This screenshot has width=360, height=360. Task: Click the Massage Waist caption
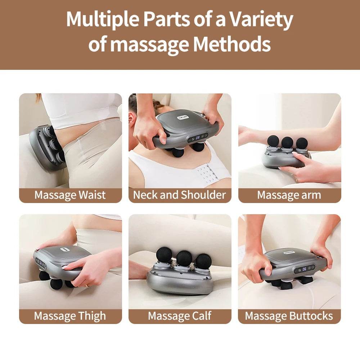point(70,195)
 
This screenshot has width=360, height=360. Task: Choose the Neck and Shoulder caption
point(180,195)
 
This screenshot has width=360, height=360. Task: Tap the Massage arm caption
point(289,195)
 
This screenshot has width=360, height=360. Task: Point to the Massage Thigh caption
point(70,316)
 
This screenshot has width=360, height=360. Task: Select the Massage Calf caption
point(180,316)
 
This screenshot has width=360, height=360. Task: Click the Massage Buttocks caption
point(289,316)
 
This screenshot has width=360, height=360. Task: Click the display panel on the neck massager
point(198,137)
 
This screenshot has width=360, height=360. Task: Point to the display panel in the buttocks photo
point(304,269)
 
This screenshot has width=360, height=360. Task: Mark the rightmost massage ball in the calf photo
point(204,261)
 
